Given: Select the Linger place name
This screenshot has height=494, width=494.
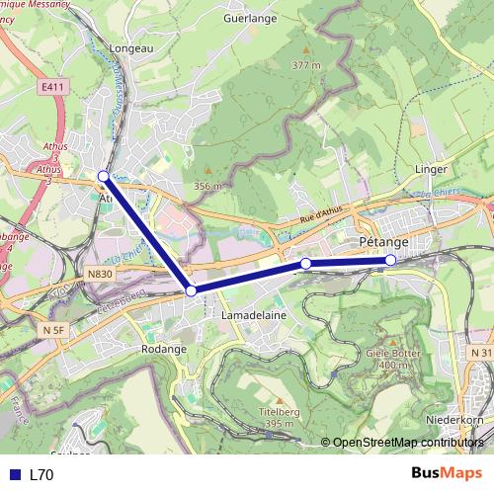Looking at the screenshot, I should pos(432,169).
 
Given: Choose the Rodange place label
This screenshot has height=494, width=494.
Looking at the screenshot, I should pos(162,349).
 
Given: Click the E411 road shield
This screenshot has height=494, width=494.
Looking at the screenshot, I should pos(54,87).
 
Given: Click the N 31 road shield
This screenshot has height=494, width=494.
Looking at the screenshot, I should pos(481,352).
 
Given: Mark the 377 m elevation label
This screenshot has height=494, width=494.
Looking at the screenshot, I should pos(306,65).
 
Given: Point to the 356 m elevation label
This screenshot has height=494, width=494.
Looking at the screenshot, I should pos(207,185).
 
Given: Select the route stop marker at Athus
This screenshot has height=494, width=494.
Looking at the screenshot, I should pos(104,176).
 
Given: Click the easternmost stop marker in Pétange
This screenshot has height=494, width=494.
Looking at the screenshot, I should pos(390,260).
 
